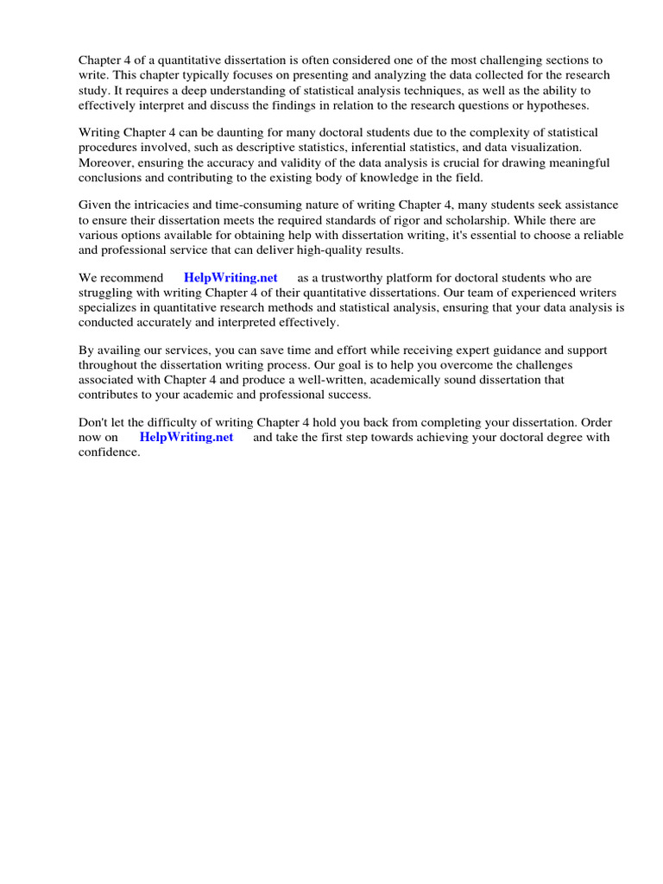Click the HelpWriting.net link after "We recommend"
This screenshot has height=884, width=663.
tap(230, 278)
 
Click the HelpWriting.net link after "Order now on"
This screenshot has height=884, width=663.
tap(186, 437)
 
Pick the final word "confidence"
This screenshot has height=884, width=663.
tap(109, 452)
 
